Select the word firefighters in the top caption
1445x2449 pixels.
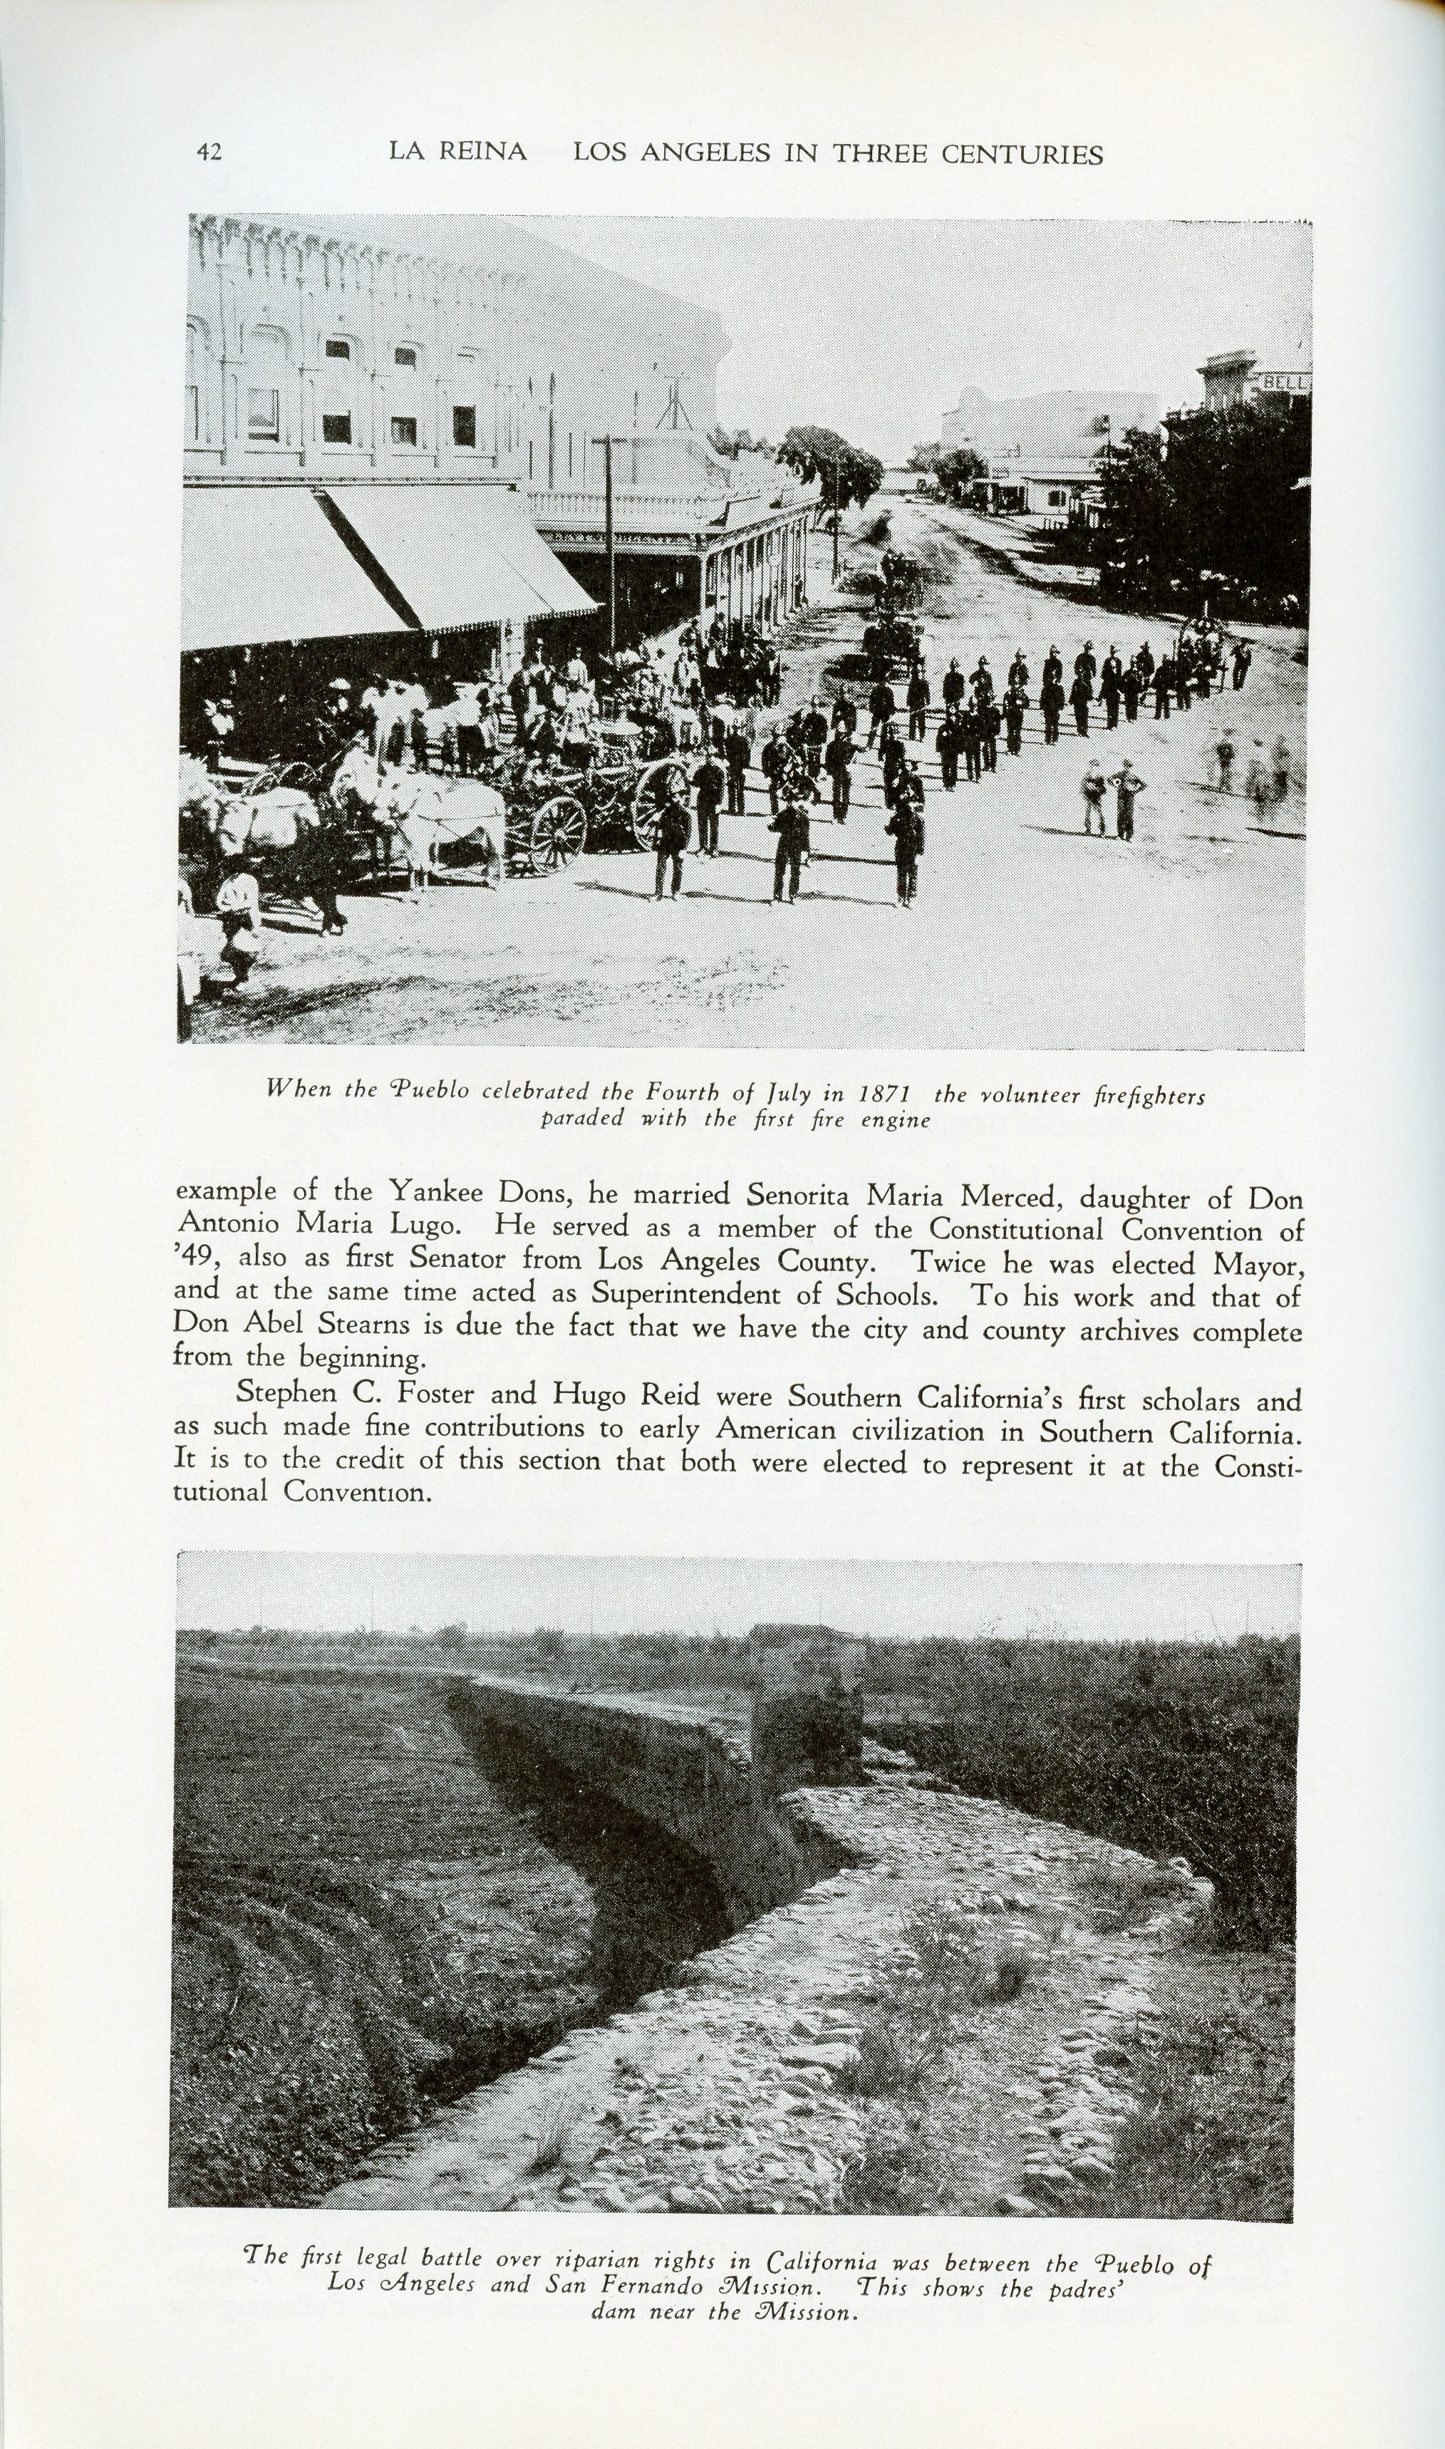[1150, 1097]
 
